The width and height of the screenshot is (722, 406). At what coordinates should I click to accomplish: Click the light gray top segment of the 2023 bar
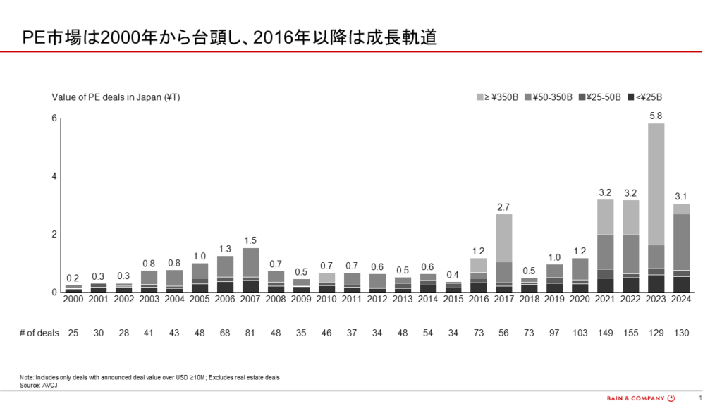coord(656,184)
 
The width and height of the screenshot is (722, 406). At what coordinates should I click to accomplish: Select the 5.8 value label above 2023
coord(656,116)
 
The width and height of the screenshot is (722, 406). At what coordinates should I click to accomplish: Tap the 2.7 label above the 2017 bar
coord(503,207)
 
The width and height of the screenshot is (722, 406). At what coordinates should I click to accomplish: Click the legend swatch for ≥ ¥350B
coord(479,97)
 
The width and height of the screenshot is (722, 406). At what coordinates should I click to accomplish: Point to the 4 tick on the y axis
coord(54,176)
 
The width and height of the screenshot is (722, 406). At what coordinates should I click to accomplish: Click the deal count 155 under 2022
coord(630,333)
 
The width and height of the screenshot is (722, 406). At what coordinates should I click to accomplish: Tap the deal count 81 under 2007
coord(250,333)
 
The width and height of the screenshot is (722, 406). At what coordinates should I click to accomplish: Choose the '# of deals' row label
coord(39,333)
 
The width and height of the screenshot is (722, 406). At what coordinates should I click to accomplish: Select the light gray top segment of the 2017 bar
coord(503,238)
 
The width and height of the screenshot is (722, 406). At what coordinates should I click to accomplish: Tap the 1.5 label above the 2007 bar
coord(250,240)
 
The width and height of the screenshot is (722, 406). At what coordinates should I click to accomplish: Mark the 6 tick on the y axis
coord(54,118)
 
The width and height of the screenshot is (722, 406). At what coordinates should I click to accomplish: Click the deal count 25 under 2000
coord(73,333)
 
